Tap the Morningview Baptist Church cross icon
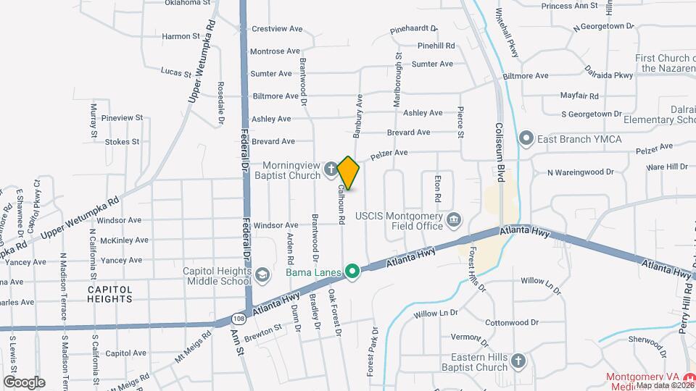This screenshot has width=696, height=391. click(x=331, y=169)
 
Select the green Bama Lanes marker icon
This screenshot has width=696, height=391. click(x=352, y=272)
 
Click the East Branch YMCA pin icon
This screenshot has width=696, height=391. click(x=526, y=138)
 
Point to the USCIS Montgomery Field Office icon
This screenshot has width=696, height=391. click(x=454, y=219)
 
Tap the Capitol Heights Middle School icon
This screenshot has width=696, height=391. click(x=262, y=274)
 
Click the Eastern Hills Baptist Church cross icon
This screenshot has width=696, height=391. click(x=518, y=361)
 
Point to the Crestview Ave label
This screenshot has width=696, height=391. click(x=276, y=29)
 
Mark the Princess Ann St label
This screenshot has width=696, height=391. click(x=569, y=6)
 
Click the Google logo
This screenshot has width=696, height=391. click(x=24, y=382)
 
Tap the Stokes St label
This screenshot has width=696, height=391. click(x=122, y=142)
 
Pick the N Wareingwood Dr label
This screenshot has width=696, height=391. click(x=580, y=172)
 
